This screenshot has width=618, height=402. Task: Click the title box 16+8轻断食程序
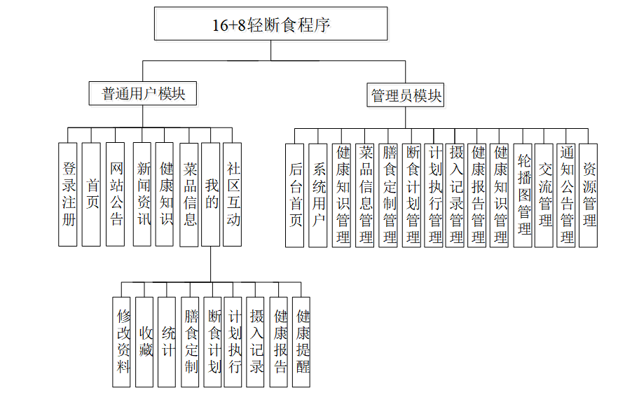click(x=270, y=25)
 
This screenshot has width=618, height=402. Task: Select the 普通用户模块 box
click(x=142, y=93)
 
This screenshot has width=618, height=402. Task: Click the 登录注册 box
click(x=68, y=194)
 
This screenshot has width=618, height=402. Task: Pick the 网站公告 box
click(x=116, y=194)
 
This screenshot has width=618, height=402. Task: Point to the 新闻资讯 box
click(x=142, y=194)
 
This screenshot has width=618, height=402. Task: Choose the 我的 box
click(x=211, y=194)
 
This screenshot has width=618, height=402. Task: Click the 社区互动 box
click(x=233, y=194)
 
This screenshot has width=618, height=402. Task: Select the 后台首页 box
click(x=295, y=195)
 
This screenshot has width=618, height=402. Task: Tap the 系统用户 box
click(x=318, y=195)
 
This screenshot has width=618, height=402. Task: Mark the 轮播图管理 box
click(x=523, y=195)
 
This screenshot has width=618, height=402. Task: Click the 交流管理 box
click(x=544, y=195)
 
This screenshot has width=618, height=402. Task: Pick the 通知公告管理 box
click(x=567, y=195)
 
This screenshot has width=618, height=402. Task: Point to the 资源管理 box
click(x=589, y=195)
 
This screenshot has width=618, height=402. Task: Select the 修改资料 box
click(x=123, y=341)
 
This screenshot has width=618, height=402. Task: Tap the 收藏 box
click(x=144, y=341)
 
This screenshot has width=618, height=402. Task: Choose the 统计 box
click(x=167, y=341)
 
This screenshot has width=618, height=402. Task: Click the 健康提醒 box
click(x=301, y=341)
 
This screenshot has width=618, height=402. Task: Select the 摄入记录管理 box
click(x=455, y=195)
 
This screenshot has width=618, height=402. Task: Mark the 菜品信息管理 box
click(x=364, y=195)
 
